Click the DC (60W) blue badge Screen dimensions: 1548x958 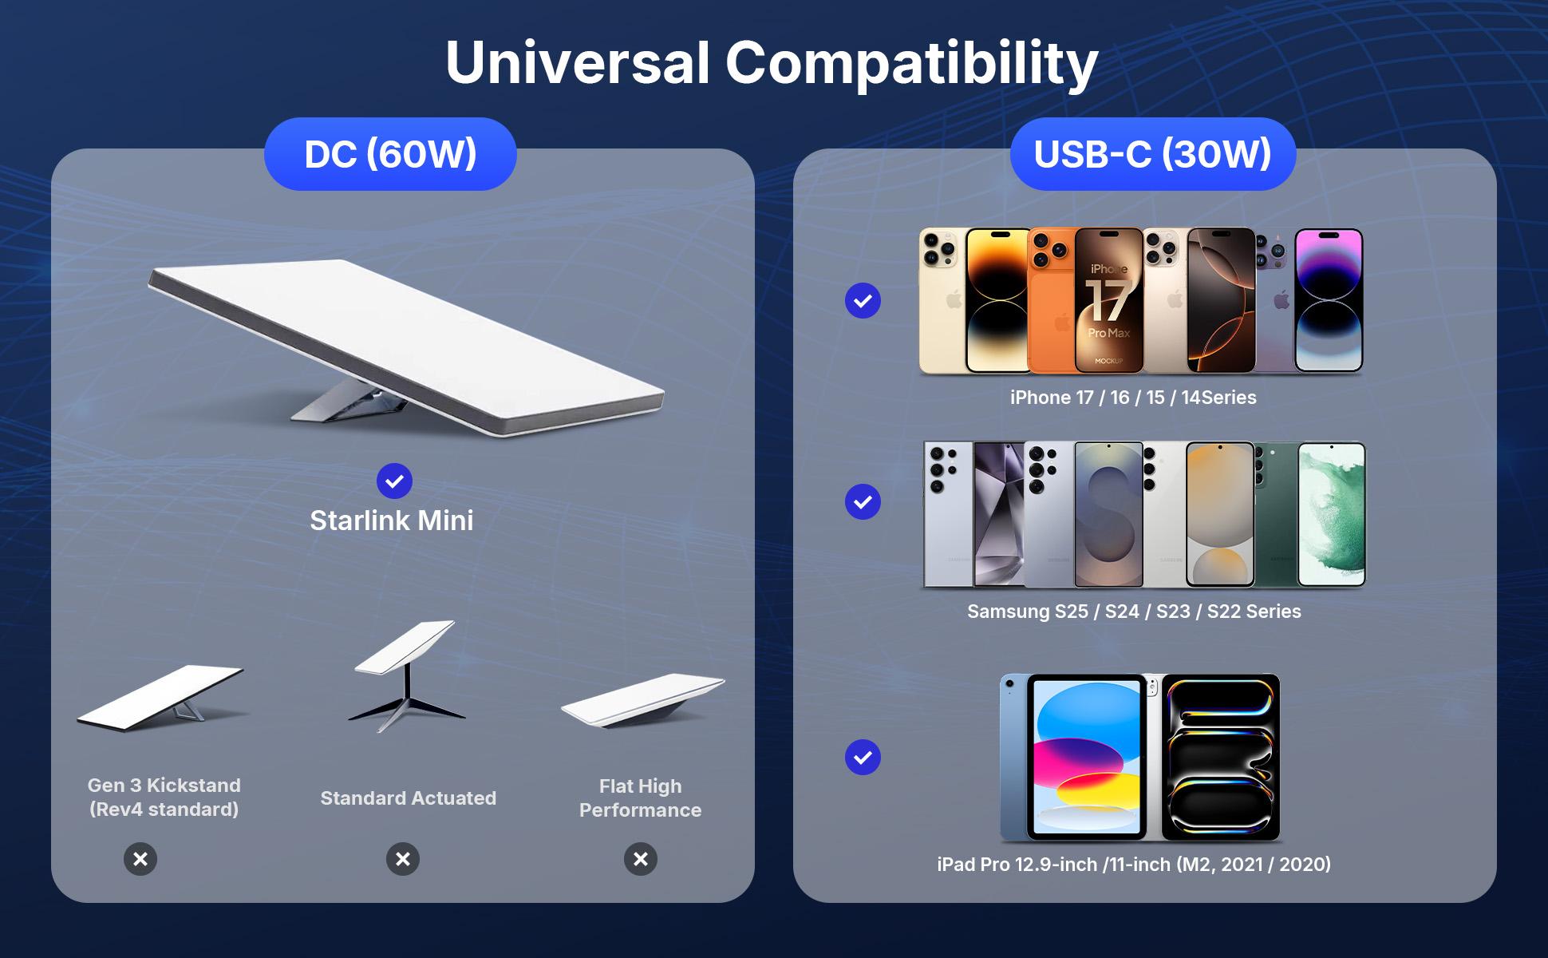(x=390, y=154)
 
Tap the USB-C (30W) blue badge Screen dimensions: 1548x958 (x=1152, y=154)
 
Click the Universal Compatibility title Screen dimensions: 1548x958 (x=772, y=63)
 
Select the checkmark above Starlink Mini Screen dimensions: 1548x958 (x=394, y=481)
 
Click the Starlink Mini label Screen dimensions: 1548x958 (x=391, y=521)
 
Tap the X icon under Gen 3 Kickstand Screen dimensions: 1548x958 (x=140, y=859)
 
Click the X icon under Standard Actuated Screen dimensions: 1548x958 (x=403, y=859)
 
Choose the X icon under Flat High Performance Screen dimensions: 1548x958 (x=641, y=859)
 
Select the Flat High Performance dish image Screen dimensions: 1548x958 (x=642, y=701)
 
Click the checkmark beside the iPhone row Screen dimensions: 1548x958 (x=863, y=301)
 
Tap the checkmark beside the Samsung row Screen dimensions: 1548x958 (x=863, y=502)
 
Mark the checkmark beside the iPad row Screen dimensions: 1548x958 (x=863, y=758)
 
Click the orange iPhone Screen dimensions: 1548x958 (x=1051, y=301)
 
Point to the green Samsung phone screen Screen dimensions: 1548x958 (x=1331, y=515)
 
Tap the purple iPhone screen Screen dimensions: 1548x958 (x=1329, y=301)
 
